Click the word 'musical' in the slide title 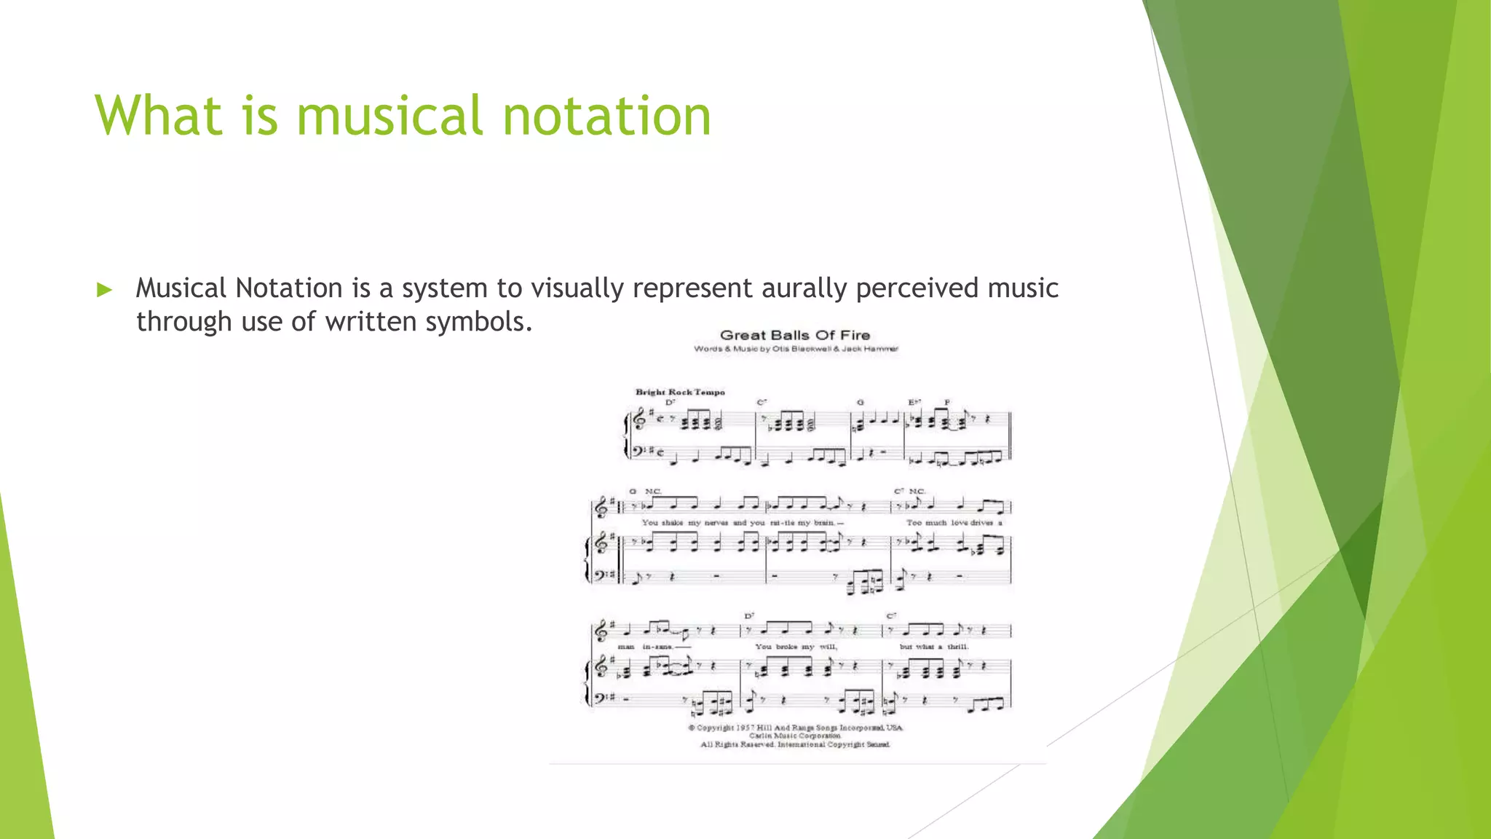click(389, 116)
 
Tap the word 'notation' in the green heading click(606, 116)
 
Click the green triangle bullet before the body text click(105, 290)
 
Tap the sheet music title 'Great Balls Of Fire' click(795, 335)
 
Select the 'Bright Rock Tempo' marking click(680, 392)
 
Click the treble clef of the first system click(640, 419)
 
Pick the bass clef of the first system click(638, 452)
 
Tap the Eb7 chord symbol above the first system click(914, 402)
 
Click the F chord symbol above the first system click(947, 402)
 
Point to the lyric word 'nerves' click(716, 523)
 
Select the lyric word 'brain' click(824, 523)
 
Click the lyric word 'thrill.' click(957, 647)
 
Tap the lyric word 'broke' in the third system click(786, 647)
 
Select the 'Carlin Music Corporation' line click(795, 736)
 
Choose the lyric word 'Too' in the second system click(914, 523)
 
